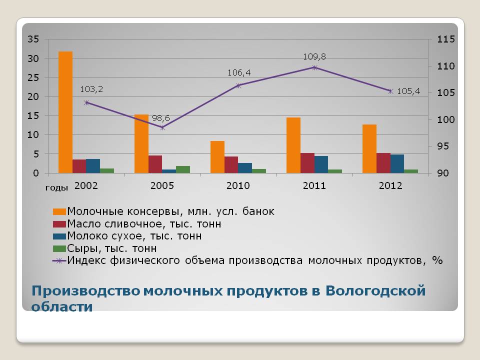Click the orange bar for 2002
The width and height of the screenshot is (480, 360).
tap(65, 112)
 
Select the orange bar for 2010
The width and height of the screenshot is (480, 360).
tap(217, 157)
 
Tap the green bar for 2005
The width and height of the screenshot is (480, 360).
tap(183, 169)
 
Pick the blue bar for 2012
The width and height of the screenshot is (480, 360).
tap(397, 164)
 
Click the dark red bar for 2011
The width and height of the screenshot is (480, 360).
tap(307, 163)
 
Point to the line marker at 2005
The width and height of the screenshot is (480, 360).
tap(162, 127)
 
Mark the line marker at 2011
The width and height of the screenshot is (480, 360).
tap(314, 67)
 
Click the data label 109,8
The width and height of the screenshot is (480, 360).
tap(314, 56)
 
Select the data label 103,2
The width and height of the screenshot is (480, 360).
tap(91, 89)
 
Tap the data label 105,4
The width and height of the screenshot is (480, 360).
tap(408, 91)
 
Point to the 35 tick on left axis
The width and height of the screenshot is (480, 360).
tap(33, 39)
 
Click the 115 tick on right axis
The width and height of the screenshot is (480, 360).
tap(446, 39)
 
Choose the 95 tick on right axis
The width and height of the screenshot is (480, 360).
tap(442, 146)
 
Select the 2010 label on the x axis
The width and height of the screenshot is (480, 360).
tap(238, 185)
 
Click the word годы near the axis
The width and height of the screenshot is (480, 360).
tap(56, 187)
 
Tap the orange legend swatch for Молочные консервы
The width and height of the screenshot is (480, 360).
tap(59, 211)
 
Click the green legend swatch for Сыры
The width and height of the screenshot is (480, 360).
tap(59, 248)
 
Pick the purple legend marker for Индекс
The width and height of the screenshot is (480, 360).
tap(59, 261)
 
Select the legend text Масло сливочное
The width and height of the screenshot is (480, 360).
tap(114, 224)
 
